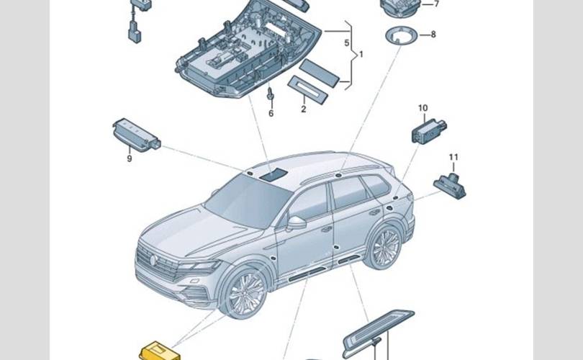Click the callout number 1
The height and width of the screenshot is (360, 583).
[361, 55]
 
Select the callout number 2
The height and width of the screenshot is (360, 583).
[304, 109]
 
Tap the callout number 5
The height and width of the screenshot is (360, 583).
[347, 43]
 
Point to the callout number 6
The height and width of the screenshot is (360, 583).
[271, 113]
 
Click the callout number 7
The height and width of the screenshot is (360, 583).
[435, 4]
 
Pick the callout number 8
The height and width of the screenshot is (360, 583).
[433, 34]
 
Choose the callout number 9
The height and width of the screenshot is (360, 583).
[130, 158]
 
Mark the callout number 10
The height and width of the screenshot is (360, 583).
[422, 108]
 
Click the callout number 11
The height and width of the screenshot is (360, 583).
[453, 156]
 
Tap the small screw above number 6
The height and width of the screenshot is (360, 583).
[270, 94]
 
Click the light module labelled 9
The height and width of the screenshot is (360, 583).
[135, 135]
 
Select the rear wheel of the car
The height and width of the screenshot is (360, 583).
[384, 246]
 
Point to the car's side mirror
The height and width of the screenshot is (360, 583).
[296, 223]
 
